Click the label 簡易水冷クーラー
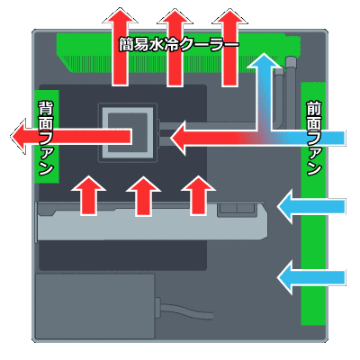pos(179,45)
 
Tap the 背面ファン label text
pos(46,139)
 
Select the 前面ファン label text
pos(314,139)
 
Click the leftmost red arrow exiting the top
pos(121,48)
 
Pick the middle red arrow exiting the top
pos(175,48)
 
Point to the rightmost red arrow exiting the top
pos(229,48)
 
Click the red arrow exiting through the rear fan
pos(71,137)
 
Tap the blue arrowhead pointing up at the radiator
pos(264,62)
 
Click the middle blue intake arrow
pos(311,206)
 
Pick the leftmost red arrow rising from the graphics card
pos(88,195)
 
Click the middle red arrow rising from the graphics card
pos(143,195)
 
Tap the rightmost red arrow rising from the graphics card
pos(198,195)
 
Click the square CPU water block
pos(128,133)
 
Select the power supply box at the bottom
pos(95,306)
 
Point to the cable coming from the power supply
pos(184,309)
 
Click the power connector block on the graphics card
pos(237,209)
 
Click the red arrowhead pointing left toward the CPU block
pos(179,139)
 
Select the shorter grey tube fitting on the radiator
pos(279,96)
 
